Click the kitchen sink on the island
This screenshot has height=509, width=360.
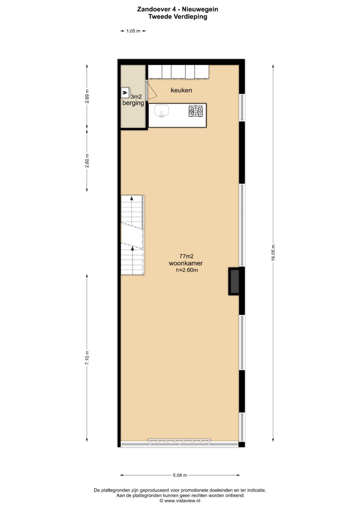point(162,111)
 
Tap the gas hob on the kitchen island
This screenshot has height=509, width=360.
point(196,111)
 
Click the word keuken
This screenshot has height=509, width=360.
point(181,90)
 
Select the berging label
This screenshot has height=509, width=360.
point(133,103)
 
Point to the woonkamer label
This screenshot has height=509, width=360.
point(186,263)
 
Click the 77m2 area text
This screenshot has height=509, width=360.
point(186,256)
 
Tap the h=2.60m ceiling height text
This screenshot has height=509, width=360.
point(187,270)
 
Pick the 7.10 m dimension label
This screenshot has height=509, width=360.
point(87,358)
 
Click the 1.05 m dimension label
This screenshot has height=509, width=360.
point(133,31)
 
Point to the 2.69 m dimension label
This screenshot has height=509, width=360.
point(87,96)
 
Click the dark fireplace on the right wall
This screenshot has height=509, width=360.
point(234,281)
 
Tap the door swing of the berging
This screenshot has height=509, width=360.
point(152,90)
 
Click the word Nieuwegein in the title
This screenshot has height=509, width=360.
point(200,9)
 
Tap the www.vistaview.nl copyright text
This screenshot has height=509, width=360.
point(180,501)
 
